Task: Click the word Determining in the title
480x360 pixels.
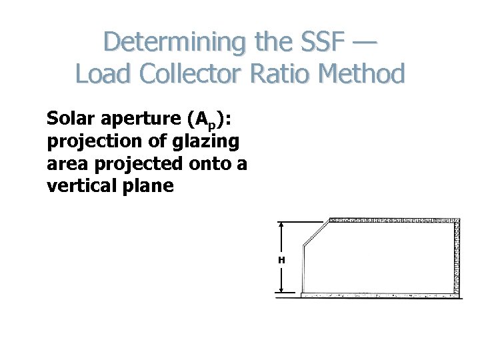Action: tap(174, 41)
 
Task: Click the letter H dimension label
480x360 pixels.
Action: tap(282, 259)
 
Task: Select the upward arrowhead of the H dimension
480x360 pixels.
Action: tap(282, 225)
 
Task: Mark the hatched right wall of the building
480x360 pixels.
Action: tap(457, 257)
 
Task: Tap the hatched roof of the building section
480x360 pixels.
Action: tap(393, 220)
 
